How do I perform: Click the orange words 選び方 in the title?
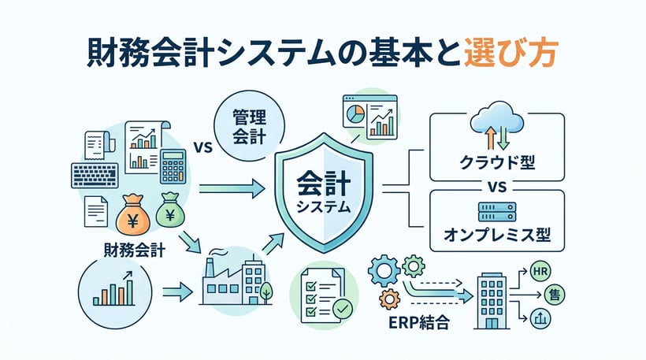[511, 53]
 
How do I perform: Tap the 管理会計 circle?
[249, 126]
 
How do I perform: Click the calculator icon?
[173, 166]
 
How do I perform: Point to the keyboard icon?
[95, 176]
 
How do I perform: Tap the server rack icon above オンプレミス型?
[497, 212]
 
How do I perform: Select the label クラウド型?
[497, 163]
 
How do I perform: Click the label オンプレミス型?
[497, 236]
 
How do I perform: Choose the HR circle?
[540, 272]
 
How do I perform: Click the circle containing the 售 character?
[554, 295]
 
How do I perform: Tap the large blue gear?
[384, 270]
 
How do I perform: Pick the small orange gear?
[389, 299]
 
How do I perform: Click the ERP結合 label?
[419, 322]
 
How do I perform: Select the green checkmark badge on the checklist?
[343, 309]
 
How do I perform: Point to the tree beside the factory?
[266, 291]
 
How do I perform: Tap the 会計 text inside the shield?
[324, 184]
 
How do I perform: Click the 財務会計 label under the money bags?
[134, 250]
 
